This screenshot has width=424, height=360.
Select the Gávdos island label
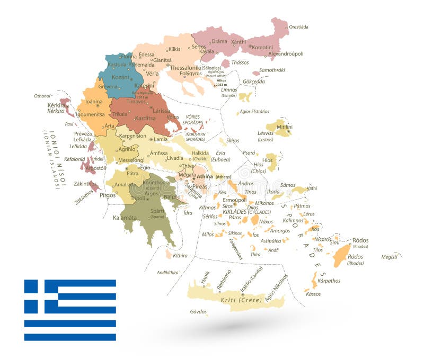click(198, 311)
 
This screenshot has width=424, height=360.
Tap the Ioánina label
click(94, 101)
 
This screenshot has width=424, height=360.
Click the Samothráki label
click(272, 70)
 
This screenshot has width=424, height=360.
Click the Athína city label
click(205, 176)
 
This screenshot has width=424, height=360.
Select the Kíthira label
click(180, 256)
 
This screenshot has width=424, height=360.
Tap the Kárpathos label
click(329, 281)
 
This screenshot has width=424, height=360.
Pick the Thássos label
click(240, 62)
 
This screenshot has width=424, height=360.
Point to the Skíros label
click(232, 141)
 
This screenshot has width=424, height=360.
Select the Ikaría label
click(274, 191)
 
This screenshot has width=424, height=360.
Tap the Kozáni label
click(121, 77)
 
